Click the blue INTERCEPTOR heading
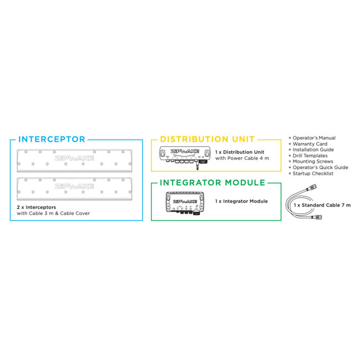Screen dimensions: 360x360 [52, 140]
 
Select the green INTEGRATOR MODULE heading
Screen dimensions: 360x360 [212, 182]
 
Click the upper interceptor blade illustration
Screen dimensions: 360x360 [75, 158]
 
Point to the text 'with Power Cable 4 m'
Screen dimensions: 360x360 [242, 158]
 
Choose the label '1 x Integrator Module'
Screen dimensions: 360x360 [241, 201]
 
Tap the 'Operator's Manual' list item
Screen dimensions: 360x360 [313, 138]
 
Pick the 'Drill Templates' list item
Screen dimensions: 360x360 [310, 156]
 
